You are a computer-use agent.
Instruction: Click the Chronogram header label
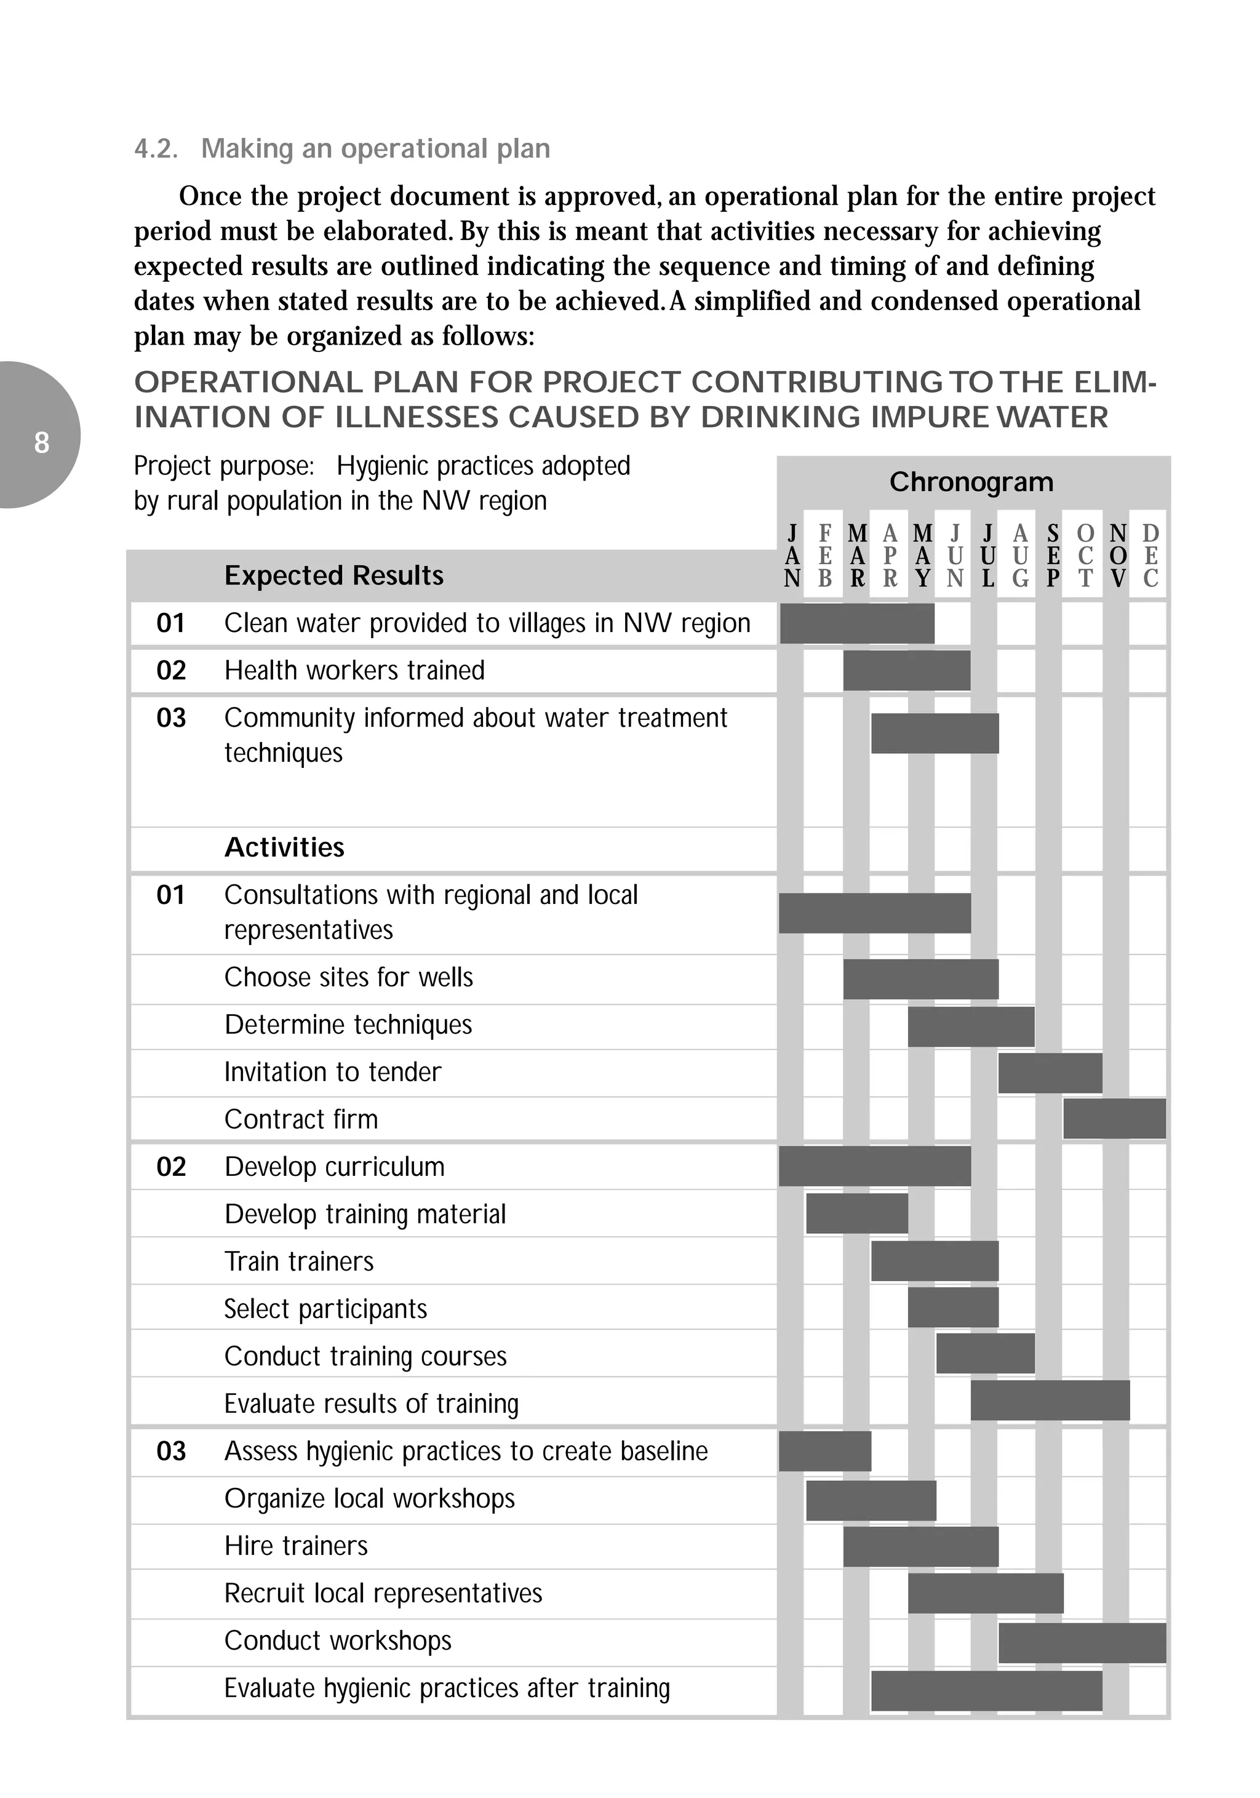click(x=971, y=482)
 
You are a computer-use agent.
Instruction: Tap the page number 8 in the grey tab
click(x=41, y=442)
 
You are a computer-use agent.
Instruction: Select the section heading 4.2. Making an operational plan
click(x=342, y=148)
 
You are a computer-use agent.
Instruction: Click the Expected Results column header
click(x=333, y=575)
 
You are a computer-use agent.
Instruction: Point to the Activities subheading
click(x=284, y=847)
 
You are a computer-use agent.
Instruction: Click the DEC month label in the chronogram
click(x=1150, y=556)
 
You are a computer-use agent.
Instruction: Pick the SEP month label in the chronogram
click(x=1053, y=556)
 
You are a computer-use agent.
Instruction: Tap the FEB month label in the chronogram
click(x=824, y=556)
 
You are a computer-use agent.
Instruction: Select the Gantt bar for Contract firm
click(x=1114, y=1118)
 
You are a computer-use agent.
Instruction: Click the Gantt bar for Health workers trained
click(x=906, y=670)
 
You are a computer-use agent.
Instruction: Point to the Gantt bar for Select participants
click(x=953, y=1308)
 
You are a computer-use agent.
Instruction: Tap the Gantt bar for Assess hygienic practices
click(x=824, y=1451)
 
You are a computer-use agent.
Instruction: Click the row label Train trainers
click(x=298, y=1261)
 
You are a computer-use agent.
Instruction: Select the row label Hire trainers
click(x=295, y=1546)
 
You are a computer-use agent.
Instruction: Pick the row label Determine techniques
click(x=348, y=1025)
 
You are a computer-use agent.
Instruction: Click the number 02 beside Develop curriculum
click(x=170, y=1167)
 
